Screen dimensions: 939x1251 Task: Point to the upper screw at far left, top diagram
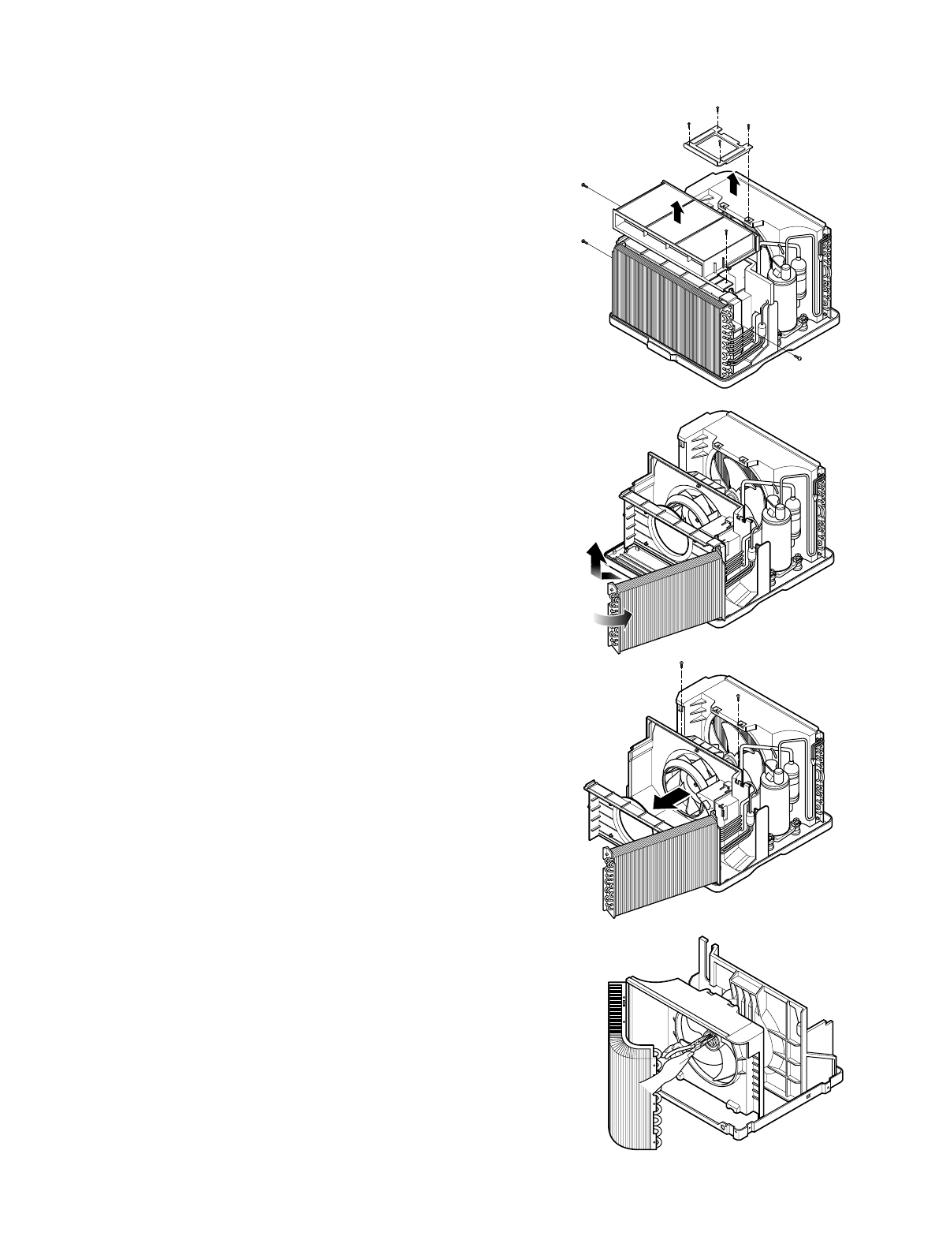(582, 185)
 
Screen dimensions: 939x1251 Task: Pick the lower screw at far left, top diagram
(582, 241)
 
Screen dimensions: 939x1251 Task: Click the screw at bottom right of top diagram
(799, 360)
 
